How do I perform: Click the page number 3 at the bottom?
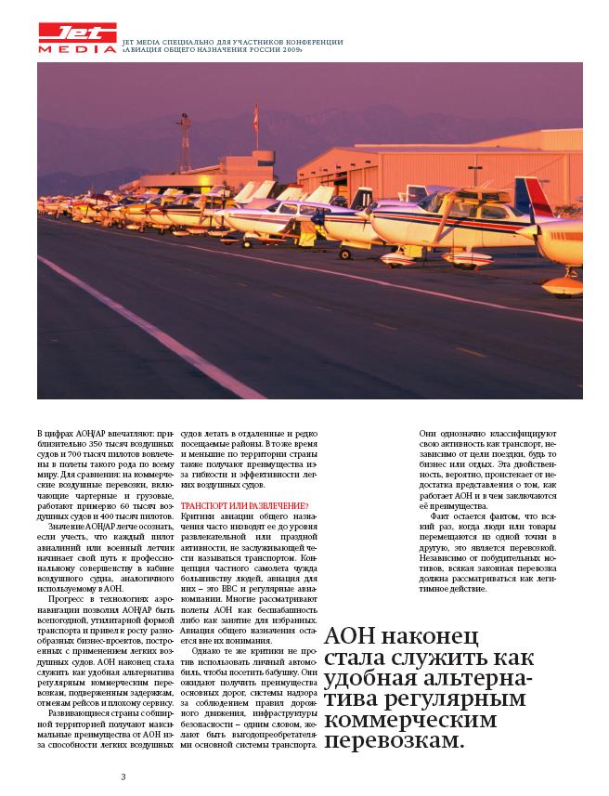123,776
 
